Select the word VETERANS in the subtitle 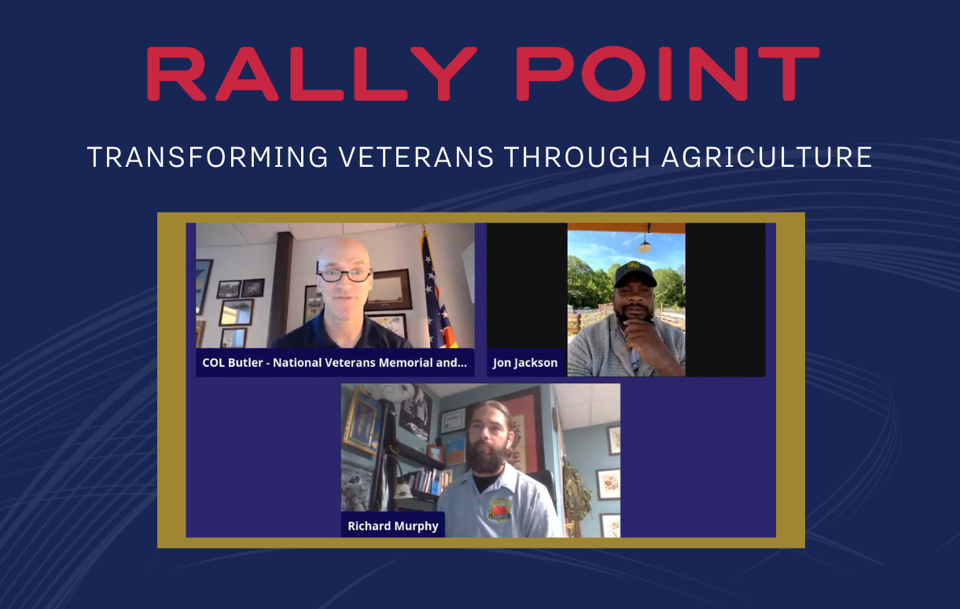pyautogui.click(x=412, y=157)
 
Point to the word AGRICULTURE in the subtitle pyautogui.click(x=767, y=157)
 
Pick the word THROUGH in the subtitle pyautogui.click(x=578, y=157)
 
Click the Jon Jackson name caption pyautogui.click(x=525, y=363)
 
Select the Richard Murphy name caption pyautogui.click(x=393, y=526)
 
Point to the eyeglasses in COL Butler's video pyautogui.click(x=344, y=275)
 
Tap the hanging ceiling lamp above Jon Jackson pyautogui.click(x=645, y=243)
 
